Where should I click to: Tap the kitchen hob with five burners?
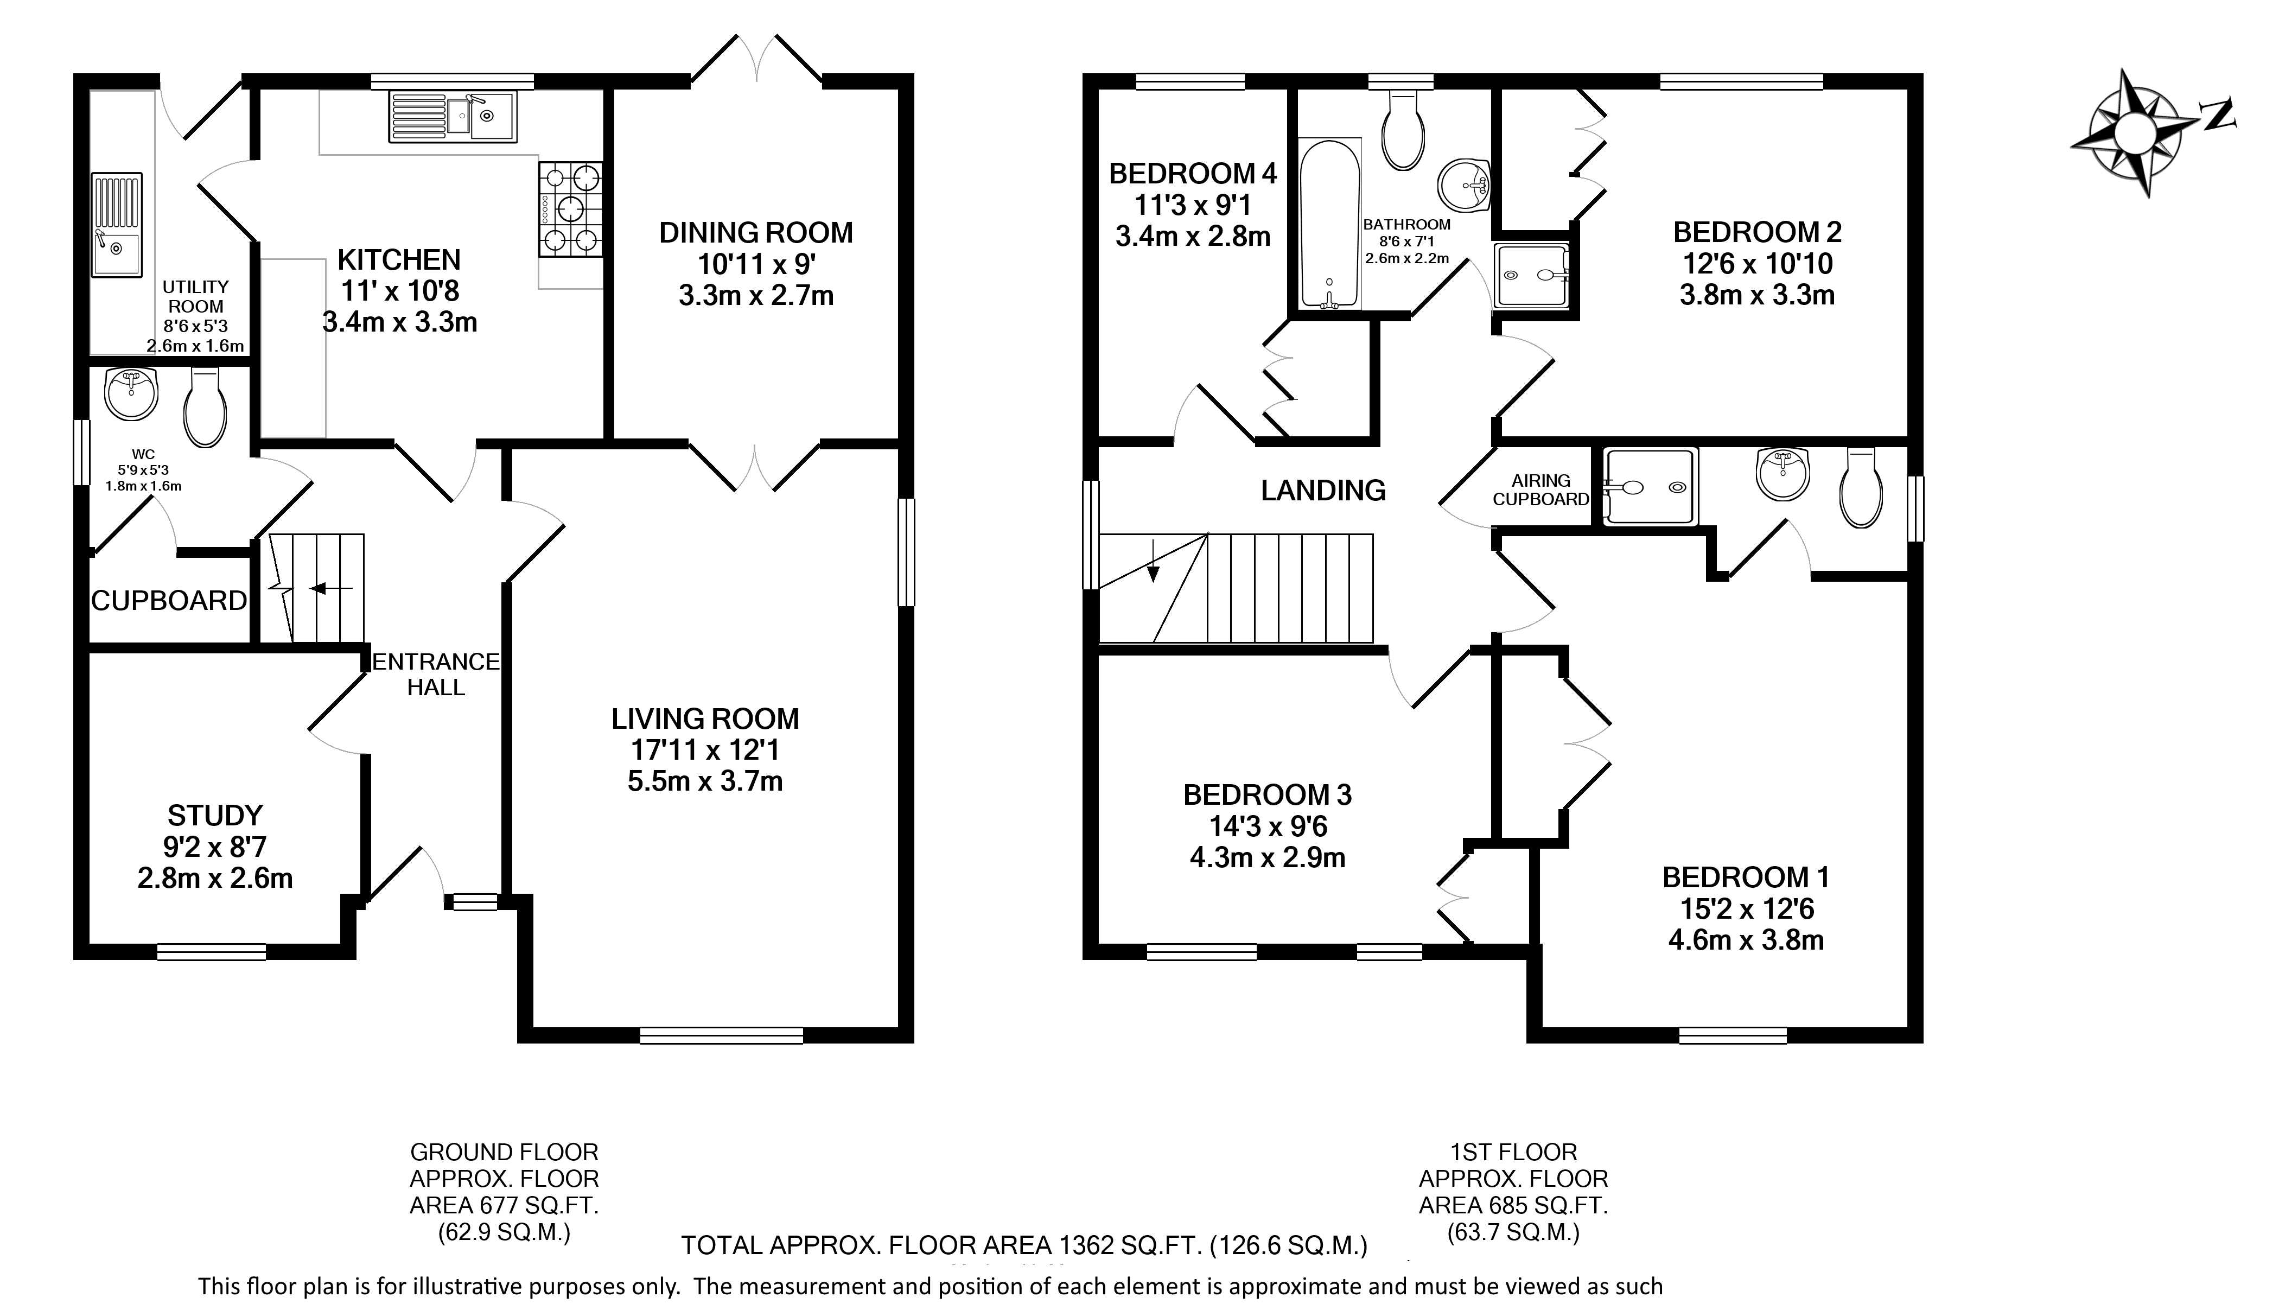(570, 209)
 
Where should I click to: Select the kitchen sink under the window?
(452, 117)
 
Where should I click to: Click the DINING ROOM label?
(756, 233)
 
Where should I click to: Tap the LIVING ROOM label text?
(705, 718)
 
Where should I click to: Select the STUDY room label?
(215, 815)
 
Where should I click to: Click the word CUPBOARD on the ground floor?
(169, 600)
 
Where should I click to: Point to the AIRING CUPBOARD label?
(1541, 490)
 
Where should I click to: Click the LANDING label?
(1323, 490)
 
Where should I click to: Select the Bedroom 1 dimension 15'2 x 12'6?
(1747, 909)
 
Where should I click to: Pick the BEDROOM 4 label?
(1193, 173)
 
